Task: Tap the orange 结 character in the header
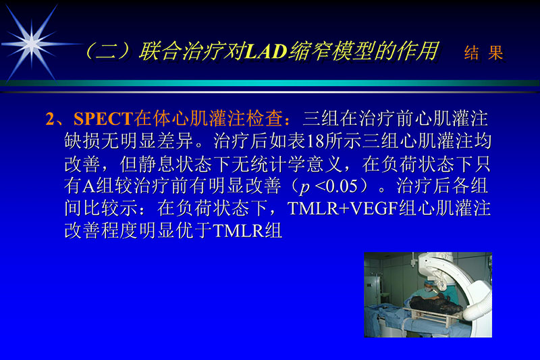coord(471,54)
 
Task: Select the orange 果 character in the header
coord(496,54)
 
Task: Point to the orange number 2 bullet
coord(50,120)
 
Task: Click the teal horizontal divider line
coord(270,83)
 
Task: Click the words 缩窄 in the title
coord(310,52)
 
